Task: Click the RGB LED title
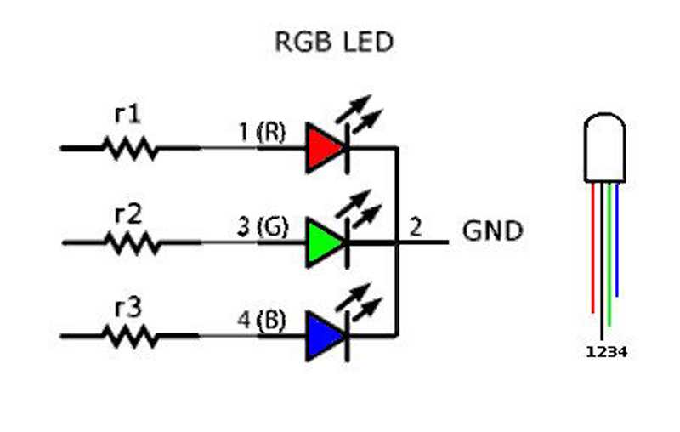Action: tap(334, 42)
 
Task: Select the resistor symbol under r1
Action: tap(130, 148)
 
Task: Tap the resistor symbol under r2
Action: tap(133, 243)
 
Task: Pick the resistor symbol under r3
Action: tap(130, 337)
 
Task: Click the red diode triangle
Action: tap(325, 148)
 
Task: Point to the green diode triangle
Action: tap(325, 242)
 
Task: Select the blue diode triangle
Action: tap(325, 336)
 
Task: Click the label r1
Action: tap(128, 115)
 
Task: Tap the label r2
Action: tap(128, 214)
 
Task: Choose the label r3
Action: tap(128, 309)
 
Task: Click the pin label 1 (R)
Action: tap(263, 132)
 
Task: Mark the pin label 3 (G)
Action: tap(263, 227)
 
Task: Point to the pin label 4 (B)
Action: tap(262, 321)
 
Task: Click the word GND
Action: tap(493, 230)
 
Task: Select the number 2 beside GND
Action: tap(415, 227)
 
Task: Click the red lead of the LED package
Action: tap(592, 247)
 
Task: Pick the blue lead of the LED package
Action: tap(617, 240)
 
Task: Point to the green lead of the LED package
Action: tap(609, 254)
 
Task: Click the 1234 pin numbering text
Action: tap(606, 352)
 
